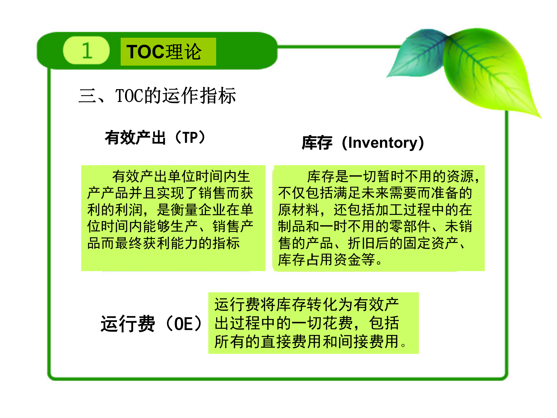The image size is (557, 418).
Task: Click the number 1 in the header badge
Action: click(x=87, y=51)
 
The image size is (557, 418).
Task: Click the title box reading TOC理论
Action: click(x=168, y=52)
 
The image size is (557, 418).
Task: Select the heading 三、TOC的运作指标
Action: click(x=157, y=96)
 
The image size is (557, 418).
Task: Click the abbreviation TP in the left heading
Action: click(x=190, y=137)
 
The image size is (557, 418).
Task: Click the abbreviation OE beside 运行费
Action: click(x=183, y=324)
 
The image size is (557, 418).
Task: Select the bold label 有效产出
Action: click(x=135, y=137)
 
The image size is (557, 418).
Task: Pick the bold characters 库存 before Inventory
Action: click(x=317, y=143)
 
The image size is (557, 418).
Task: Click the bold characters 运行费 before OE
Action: click(x=128, y=324)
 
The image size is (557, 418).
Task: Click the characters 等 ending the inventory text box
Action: click(x=368, y=260)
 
